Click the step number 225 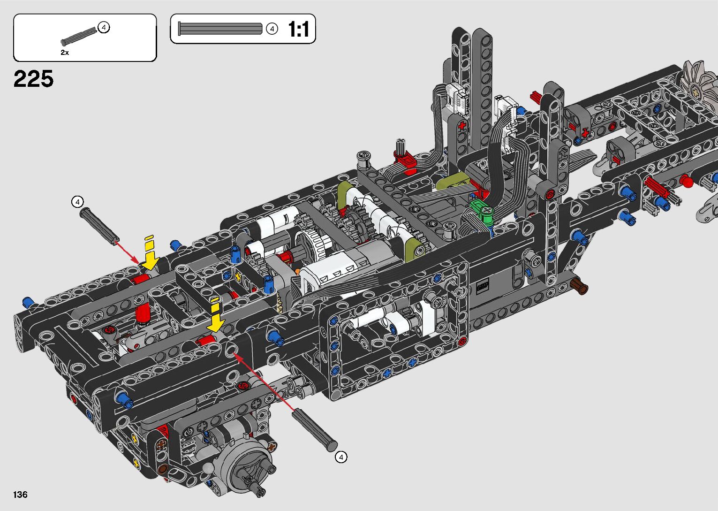(33, 79)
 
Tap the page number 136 (20, 494)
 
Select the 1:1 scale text (298, 29)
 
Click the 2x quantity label (65, 52)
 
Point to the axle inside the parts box (79, 36)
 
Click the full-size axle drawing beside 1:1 (220, 29)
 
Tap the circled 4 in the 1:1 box (272, 29)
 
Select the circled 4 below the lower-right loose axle (341, 457)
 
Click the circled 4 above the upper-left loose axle (77, 202)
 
